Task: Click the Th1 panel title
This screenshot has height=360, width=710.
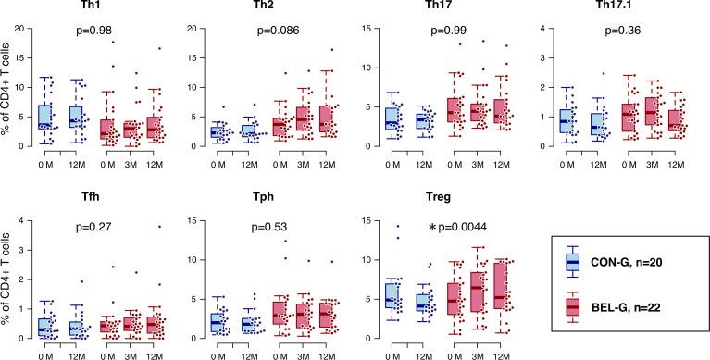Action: (x=90, y=7)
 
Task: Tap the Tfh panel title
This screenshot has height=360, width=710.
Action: (x=90, y=201)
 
